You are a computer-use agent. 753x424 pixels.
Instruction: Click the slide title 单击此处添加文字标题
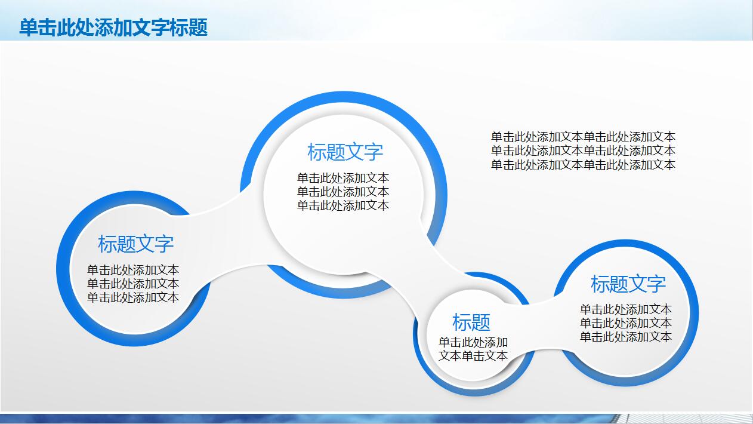click(113, 27)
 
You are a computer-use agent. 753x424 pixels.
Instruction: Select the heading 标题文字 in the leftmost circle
click(136, 244)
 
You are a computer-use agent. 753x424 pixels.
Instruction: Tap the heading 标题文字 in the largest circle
click(345, 152)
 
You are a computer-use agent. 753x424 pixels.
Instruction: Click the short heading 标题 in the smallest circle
click(471, 322)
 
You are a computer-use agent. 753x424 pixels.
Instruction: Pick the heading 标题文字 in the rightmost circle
click(628, 284)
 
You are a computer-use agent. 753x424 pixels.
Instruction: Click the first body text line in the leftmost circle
click(133, 270)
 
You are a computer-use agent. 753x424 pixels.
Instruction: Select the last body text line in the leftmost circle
click(133, 297)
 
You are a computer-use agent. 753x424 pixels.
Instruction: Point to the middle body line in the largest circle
click(343, 192)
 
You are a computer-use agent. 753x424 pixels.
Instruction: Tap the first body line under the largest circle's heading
click(343, 178)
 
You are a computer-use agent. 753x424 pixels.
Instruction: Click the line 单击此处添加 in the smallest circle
click(473, 342)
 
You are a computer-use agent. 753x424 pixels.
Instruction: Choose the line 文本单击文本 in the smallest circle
click(473, 356)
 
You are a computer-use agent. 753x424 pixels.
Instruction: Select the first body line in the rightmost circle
click(626, 309)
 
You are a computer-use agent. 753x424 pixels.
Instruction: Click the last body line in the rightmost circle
click(626, 337)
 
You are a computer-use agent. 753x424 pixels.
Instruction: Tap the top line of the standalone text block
click(583, 137)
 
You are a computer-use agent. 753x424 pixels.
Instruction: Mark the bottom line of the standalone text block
click(583, 165)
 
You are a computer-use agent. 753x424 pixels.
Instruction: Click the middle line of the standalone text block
click(583, 150)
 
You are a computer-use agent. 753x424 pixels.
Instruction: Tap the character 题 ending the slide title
click(198, 27)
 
